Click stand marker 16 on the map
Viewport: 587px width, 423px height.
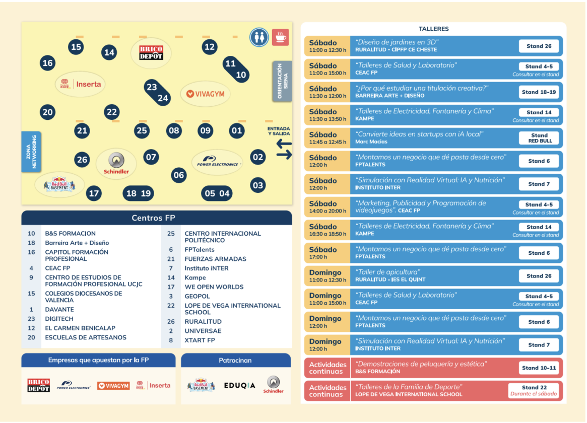47,63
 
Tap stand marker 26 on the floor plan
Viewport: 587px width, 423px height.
82,160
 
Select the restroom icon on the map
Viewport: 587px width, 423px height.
259,37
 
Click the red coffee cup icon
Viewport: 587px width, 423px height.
280,37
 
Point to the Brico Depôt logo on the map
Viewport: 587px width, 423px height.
151,53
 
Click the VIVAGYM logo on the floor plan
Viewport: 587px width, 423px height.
205,94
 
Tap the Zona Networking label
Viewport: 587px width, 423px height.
31,152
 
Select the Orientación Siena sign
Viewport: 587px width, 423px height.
282,81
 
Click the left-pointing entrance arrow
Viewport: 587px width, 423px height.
284,144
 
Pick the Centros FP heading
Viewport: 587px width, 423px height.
154,218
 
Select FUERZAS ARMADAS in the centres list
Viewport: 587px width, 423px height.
215,259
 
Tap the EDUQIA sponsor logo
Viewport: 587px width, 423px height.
240,385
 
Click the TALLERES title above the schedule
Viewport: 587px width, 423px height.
433,29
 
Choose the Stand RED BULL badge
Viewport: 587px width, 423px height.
539,138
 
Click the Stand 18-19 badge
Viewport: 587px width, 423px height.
539,92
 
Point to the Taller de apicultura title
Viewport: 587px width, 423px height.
387,272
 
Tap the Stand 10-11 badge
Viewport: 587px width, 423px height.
539,368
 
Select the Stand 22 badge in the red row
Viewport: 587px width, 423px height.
534,390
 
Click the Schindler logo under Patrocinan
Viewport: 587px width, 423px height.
273,385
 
